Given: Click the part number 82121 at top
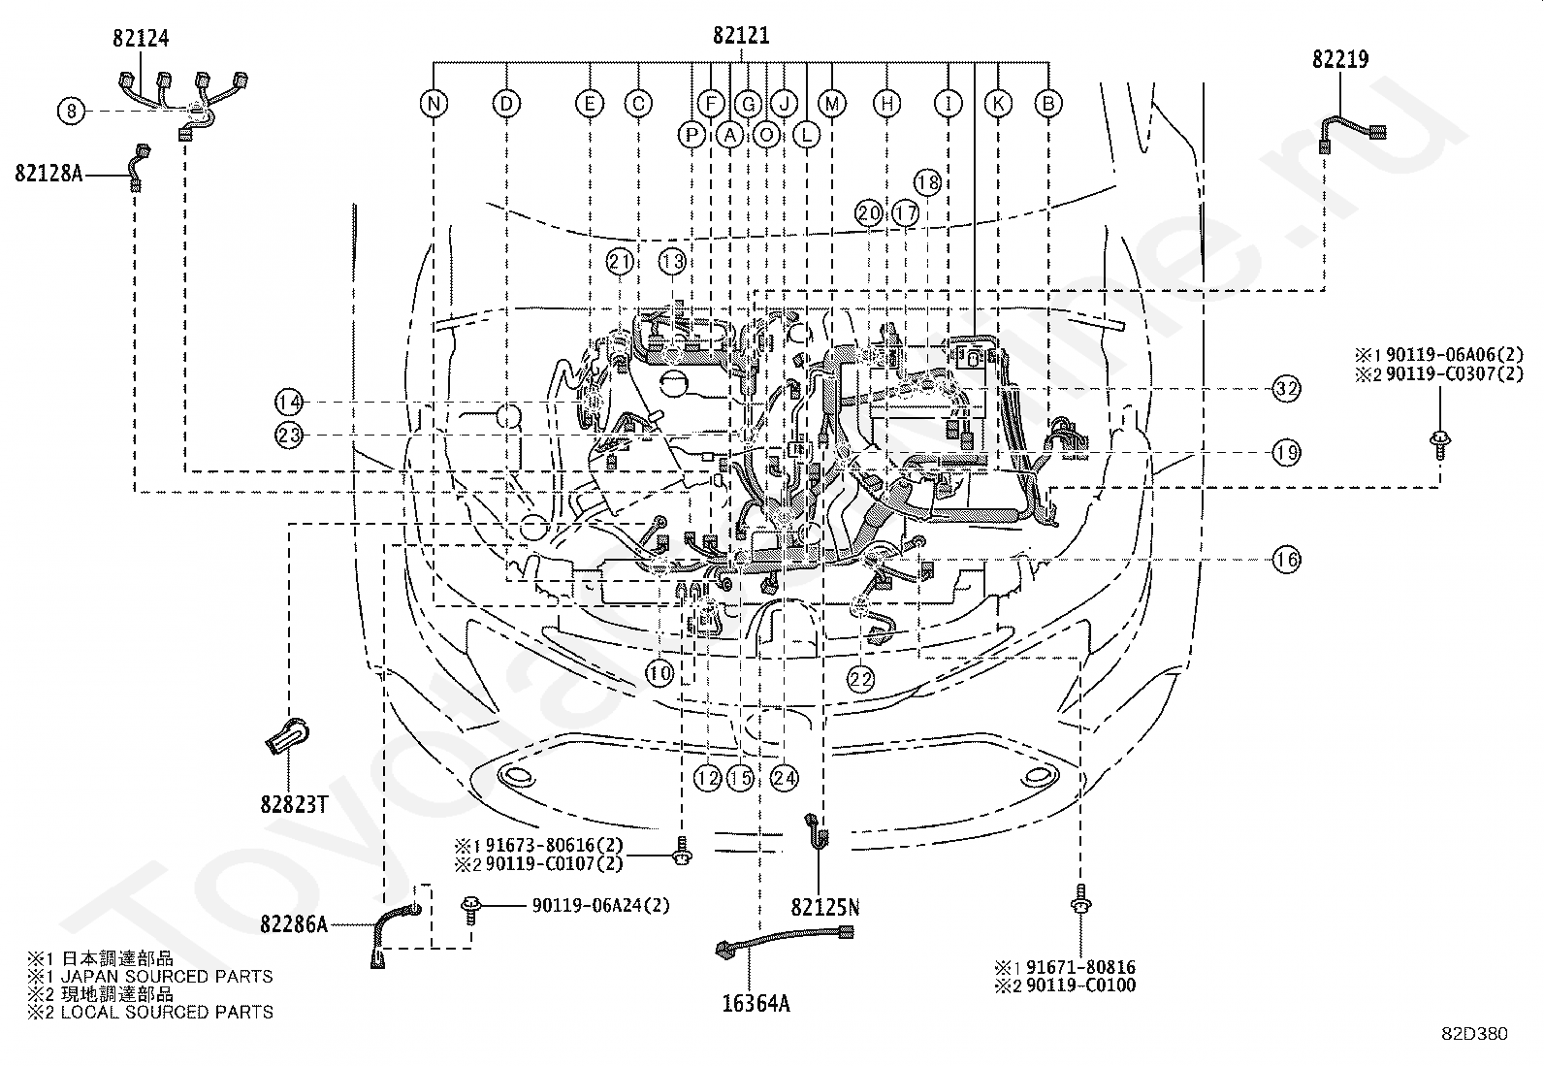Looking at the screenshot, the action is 741,35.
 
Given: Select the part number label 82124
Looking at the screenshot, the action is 141,38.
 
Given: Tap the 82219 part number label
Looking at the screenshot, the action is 1340,59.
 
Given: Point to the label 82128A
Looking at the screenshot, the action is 48,173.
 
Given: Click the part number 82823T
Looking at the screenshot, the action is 294,804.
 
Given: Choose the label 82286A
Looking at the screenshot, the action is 294,924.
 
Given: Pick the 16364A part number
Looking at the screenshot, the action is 756,1003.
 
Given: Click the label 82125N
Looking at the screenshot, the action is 825,908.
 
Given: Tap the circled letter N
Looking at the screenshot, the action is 434,104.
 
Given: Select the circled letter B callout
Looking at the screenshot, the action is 1048,104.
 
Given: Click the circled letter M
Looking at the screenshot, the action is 832,104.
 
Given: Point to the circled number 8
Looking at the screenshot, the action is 71,111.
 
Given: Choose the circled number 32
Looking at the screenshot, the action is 1286,389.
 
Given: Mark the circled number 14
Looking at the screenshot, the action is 289,402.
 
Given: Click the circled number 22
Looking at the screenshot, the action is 861,679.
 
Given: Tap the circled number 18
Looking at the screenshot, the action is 927,182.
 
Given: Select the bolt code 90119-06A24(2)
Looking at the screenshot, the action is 600,905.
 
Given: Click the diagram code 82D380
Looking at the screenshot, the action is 1474,1034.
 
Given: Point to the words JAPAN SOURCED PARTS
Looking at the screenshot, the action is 167,977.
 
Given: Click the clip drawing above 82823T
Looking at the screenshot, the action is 288,736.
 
